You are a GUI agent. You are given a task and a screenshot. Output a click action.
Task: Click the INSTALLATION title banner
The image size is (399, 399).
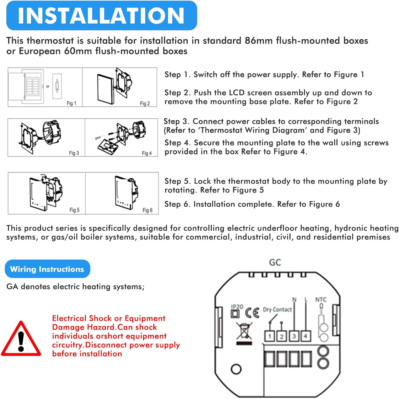click(101, 15)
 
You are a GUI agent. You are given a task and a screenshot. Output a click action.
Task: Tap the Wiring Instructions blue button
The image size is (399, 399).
click(47, 269)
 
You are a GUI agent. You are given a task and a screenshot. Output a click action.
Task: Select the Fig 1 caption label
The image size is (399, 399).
click(71, 103)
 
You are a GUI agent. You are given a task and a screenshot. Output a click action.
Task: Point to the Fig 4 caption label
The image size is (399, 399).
click(147, 153)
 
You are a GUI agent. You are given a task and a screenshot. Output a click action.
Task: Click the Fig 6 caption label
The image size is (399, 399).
click(147, 210)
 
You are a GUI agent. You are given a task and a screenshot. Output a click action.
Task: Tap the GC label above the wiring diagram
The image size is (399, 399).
click(275, 263)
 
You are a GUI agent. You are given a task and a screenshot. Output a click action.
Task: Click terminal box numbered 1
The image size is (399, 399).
click(269, 336)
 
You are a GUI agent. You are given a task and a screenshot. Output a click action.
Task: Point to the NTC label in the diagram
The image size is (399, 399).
click(321, 300)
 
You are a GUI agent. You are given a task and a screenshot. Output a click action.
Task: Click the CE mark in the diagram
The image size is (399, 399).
click(252, 313)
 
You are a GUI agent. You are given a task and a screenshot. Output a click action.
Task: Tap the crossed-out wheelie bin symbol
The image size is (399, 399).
click(244, 331)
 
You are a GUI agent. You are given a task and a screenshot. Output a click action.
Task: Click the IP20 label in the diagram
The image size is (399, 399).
click(237, 307)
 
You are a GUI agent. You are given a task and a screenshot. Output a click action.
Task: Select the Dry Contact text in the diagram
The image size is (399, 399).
click(277, 310)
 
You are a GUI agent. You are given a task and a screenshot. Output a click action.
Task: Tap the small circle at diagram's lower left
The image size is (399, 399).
click(236, 369)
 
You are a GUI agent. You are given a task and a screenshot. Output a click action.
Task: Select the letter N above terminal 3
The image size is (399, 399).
click(294, 300)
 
